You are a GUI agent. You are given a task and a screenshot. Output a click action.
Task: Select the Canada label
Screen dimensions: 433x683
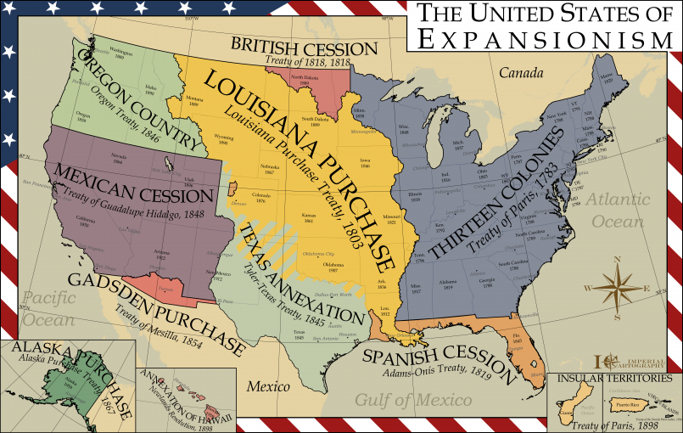[520, 74]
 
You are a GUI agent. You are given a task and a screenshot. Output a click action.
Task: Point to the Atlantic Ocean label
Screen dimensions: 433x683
[619, 211]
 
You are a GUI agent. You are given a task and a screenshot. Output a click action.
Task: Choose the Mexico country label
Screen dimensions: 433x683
[268, 387]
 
